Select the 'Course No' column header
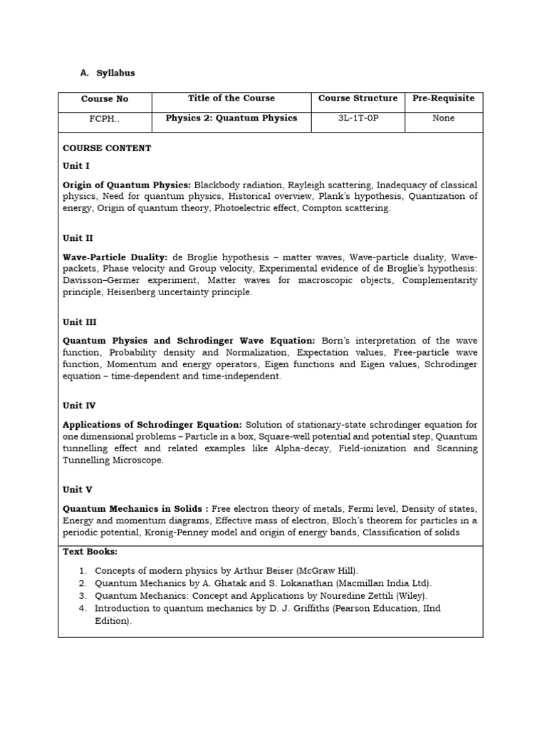point(105,99)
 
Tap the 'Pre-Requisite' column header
point(443,98)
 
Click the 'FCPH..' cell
point(105,119)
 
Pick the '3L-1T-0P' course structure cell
point(358,118)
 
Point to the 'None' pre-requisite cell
point(443,118)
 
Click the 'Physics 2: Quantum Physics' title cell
point(231,118)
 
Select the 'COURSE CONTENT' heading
point(107,148)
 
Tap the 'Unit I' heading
point(76,165)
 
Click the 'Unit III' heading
point(79,322)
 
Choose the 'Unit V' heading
point(78,490)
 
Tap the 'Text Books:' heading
point(90,552)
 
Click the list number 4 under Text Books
point(83,608)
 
